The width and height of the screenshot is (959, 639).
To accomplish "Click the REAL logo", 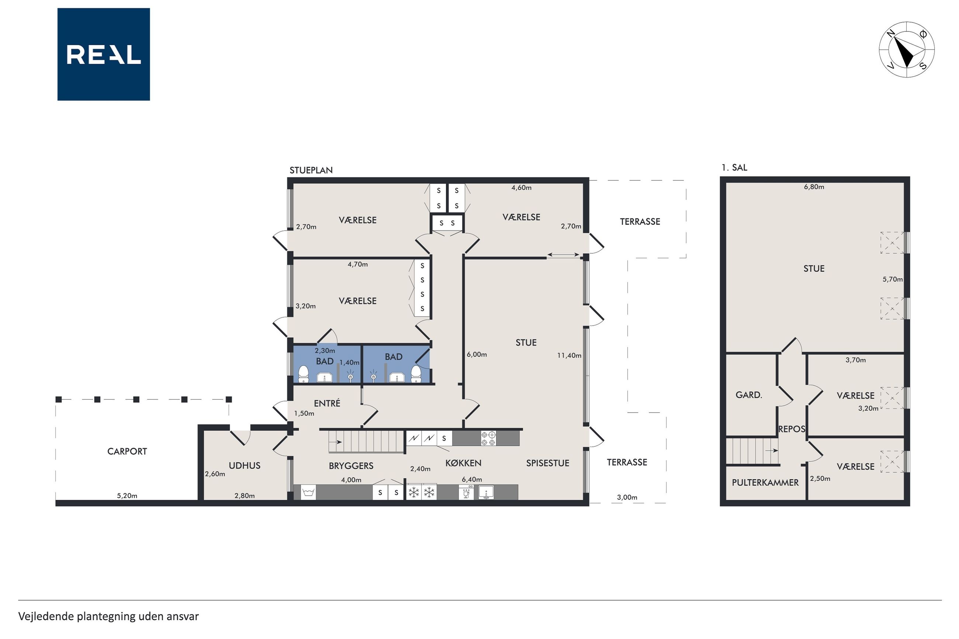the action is [x=104, y=54].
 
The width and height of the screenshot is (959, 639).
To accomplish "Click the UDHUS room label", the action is [x=245, y=465].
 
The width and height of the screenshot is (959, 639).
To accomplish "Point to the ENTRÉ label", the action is [x=327, y=403].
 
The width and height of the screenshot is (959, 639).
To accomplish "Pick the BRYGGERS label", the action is [x=351, y=466].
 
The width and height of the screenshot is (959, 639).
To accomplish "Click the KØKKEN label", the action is [x=463, y=463].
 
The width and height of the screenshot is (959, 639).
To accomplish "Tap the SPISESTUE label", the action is [x=547, y=463].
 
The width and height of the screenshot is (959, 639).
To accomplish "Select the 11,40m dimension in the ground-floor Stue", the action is [x=569, y=355].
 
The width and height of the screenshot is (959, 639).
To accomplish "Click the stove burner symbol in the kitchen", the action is [x=488, y=438].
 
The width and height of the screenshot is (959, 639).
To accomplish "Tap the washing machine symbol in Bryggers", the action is [x=308, y=493].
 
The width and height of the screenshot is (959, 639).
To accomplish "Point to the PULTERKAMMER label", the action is [x=765, y=483].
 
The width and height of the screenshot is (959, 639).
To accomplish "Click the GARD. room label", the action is [x=749, y=395].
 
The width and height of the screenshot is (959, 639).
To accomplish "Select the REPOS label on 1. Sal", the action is [x=792, y=429].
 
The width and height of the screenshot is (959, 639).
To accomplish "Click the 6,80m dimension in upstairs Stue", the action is [x=814, y=187].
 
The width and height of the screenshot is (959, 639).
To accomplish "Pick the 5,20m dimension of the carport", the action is [x=127, y=496].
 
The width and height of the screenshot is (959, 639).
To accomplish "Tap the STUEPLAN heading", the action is [x=311, y=170].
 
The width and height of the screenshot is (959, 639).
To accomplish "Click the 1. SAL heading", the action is [x=734, y=167].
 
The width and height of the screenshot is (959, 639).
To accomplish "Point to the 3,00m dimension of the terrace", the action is [x=627, y=497].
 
